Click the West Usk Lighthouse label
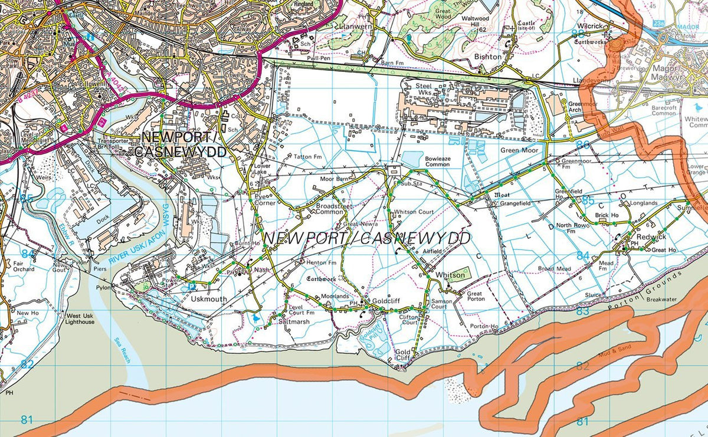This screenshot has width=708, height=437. [80, 318]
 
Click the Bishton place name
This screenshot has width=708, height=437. [488, 57]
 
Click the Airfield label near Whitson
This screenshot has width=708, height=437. [432, 251]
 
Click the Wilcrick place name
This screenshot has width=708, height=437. [589, 27]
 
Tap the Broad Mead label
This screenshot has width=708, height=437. [554, 268]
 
